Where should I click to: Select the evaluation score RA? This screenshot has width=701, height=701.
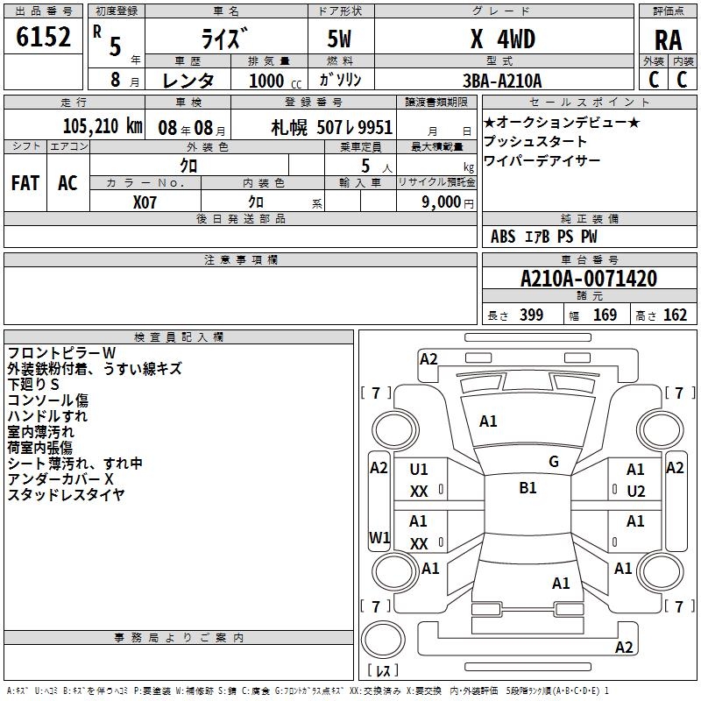tap(668, 39)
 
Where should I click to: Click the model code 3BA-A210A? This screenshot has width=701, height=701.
tap(502, 81)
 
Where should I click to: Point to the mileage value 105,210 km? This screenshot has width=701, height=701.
tap(103, 126)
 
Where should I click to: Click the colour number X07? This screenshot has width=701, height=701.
tap(145, 202)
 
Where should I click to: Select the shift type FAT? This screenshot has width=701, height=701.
tap(25, 182)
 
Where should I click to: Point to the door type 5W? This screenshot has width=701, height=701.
tap(340, 39)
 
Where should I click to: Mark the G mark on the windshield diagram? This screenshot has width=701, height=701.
tap(554, 462)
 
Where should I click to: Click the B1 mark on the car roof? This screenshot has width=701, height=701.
tap(528, 488)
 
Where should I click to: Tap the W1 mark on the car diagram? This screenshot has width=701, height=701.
tap(379, 537)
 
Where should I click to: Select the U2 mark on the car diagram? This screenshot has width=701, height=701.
tap(636, 491)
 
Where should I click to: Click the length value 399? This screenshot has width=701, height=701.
tap(528, 315)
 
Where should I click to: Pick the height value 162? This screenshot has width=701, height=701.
tap(675, 315)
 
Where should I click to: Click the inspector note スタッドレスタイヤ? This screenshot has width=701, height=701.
tap(66, 495)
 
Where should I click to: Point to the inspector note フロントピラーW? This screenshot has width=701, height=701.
tap(61, 353)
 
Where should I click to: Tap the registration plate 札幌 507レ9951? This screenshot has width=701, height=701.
tap(332, 127)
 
